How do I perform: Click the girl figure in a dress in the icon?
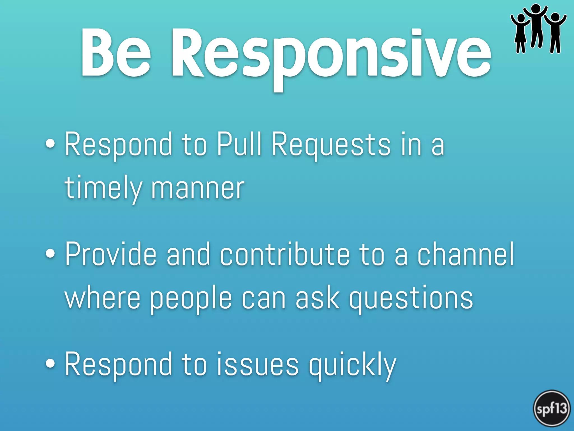click(520, 34)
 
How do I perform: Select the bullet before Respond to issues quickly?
click(50, 363)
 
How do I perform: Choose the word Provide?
click(110, 254)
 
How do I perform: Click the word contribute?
click(285, 254)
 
